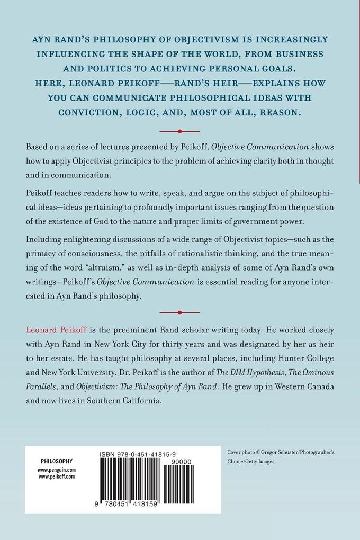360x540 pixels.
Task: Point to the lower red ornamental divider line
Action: pos(180,312)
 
